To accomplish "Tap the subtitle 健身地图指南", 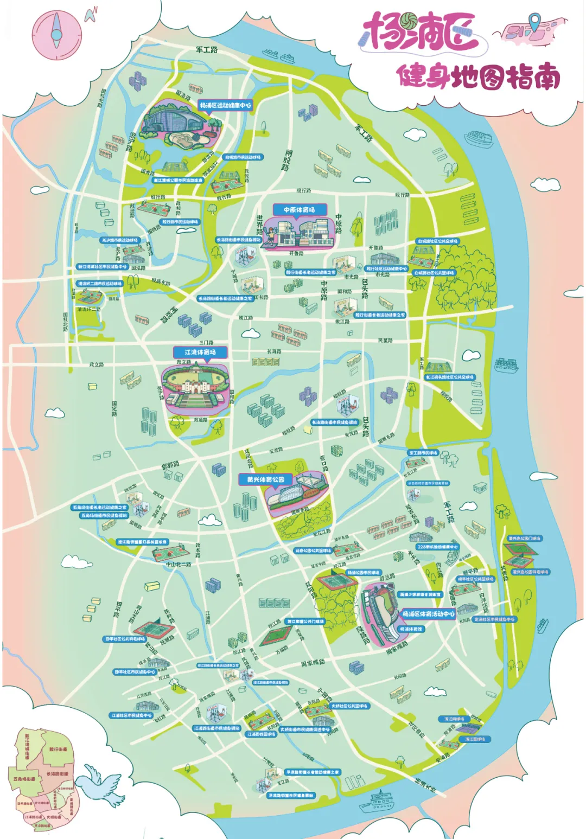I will pos(478,76).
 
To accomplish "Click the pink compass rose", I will pos(57,34).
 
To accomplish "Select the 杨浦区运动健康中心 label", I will pos(225,105).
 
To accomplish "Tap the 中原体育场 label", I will pos(299,209).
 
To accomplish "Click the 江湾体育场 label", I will pos(200,352).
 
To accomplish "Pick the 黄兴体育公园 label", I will pos(266,479).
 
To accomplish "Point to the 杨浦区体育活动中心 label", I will pos(428,614).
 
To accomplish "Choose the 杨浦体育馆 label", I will pos(411,629).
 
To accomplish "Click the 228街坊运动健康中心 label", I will pos(437,547).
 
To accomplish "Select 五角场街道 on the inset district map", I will pos(24,779).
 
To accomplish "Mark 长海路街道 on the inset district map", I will pos(57,774).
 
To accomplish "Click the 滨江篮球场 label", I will pos(475,739).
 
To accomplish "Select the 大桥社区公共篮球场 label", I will pos(349,706).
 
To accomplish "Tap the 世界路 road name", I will pos(260,223).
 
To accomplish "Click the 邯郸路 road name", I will pos(170,466).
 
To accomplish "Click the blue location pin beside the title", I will pos(535,22).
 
